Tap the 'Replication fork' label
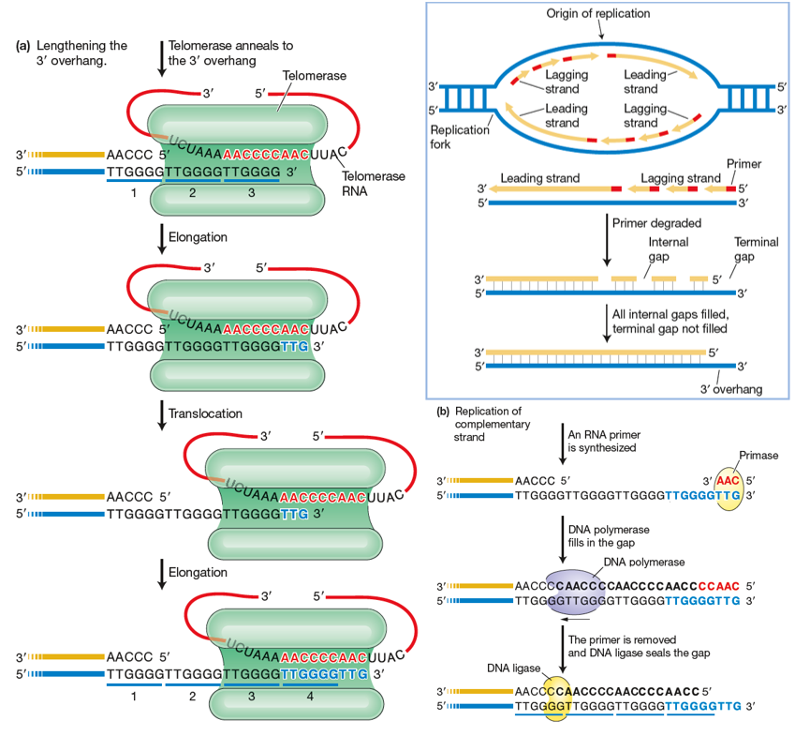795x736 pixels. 455,138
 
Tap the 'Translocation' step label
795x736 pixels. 205,413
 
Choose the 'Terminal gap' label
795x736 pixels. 756,248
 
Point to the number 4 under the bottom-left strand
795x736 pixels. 311,696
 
